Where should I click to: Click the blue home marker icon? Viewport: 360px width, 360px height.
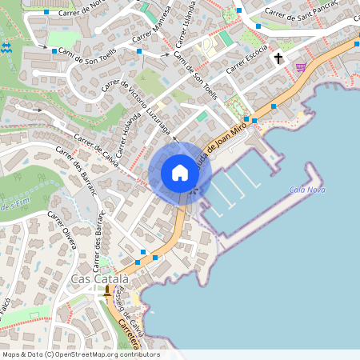click(180, 173)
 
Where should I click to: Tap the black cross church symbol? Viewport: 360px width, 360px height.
click(279, 58)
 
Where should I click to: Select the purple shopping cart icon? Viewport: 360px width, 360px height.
click(301, 66)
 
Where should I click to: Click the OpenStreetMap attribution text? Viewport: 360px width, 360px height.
click(80, 354)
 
